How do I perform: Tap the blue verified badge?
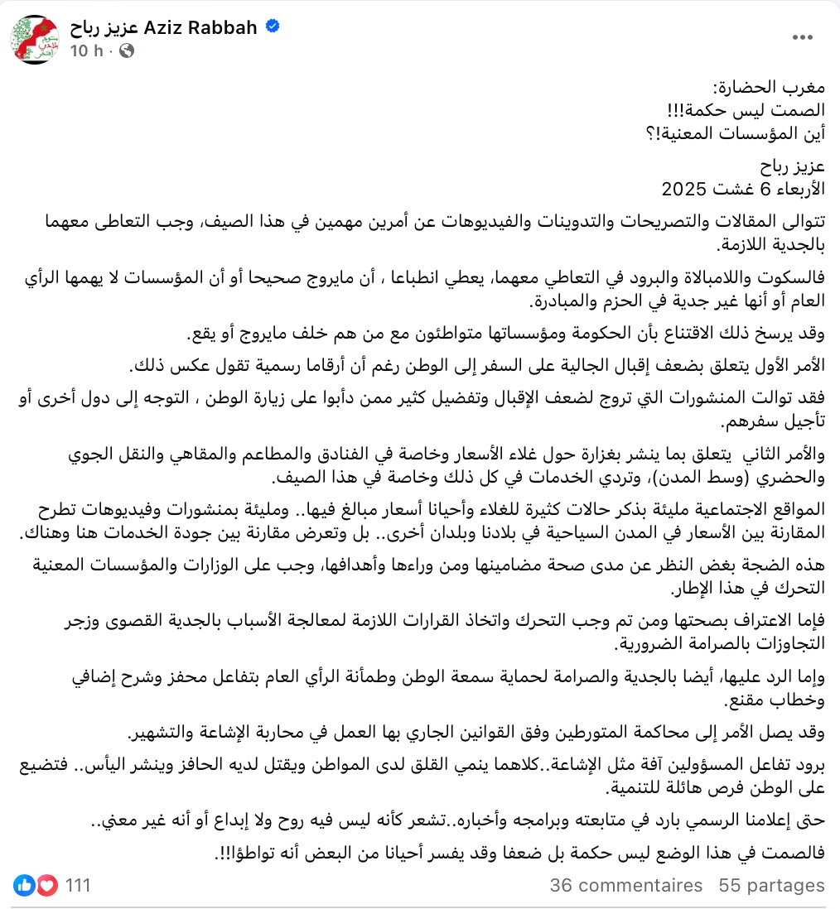pos(272,27)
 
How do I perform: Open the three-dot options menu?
pos(803,38)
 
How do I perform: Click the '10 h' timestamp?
pos(85,50)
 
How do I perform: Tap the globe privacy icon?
pos(127,50)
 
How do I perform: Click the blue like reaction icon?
pos(25,885)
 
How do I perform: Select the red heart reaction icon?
pos(47,885)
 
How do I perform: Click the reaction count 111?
pos(77,885)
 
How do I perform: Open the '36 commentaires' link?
pos(625,885)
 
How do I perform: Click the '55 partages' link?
pos(771,885)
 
